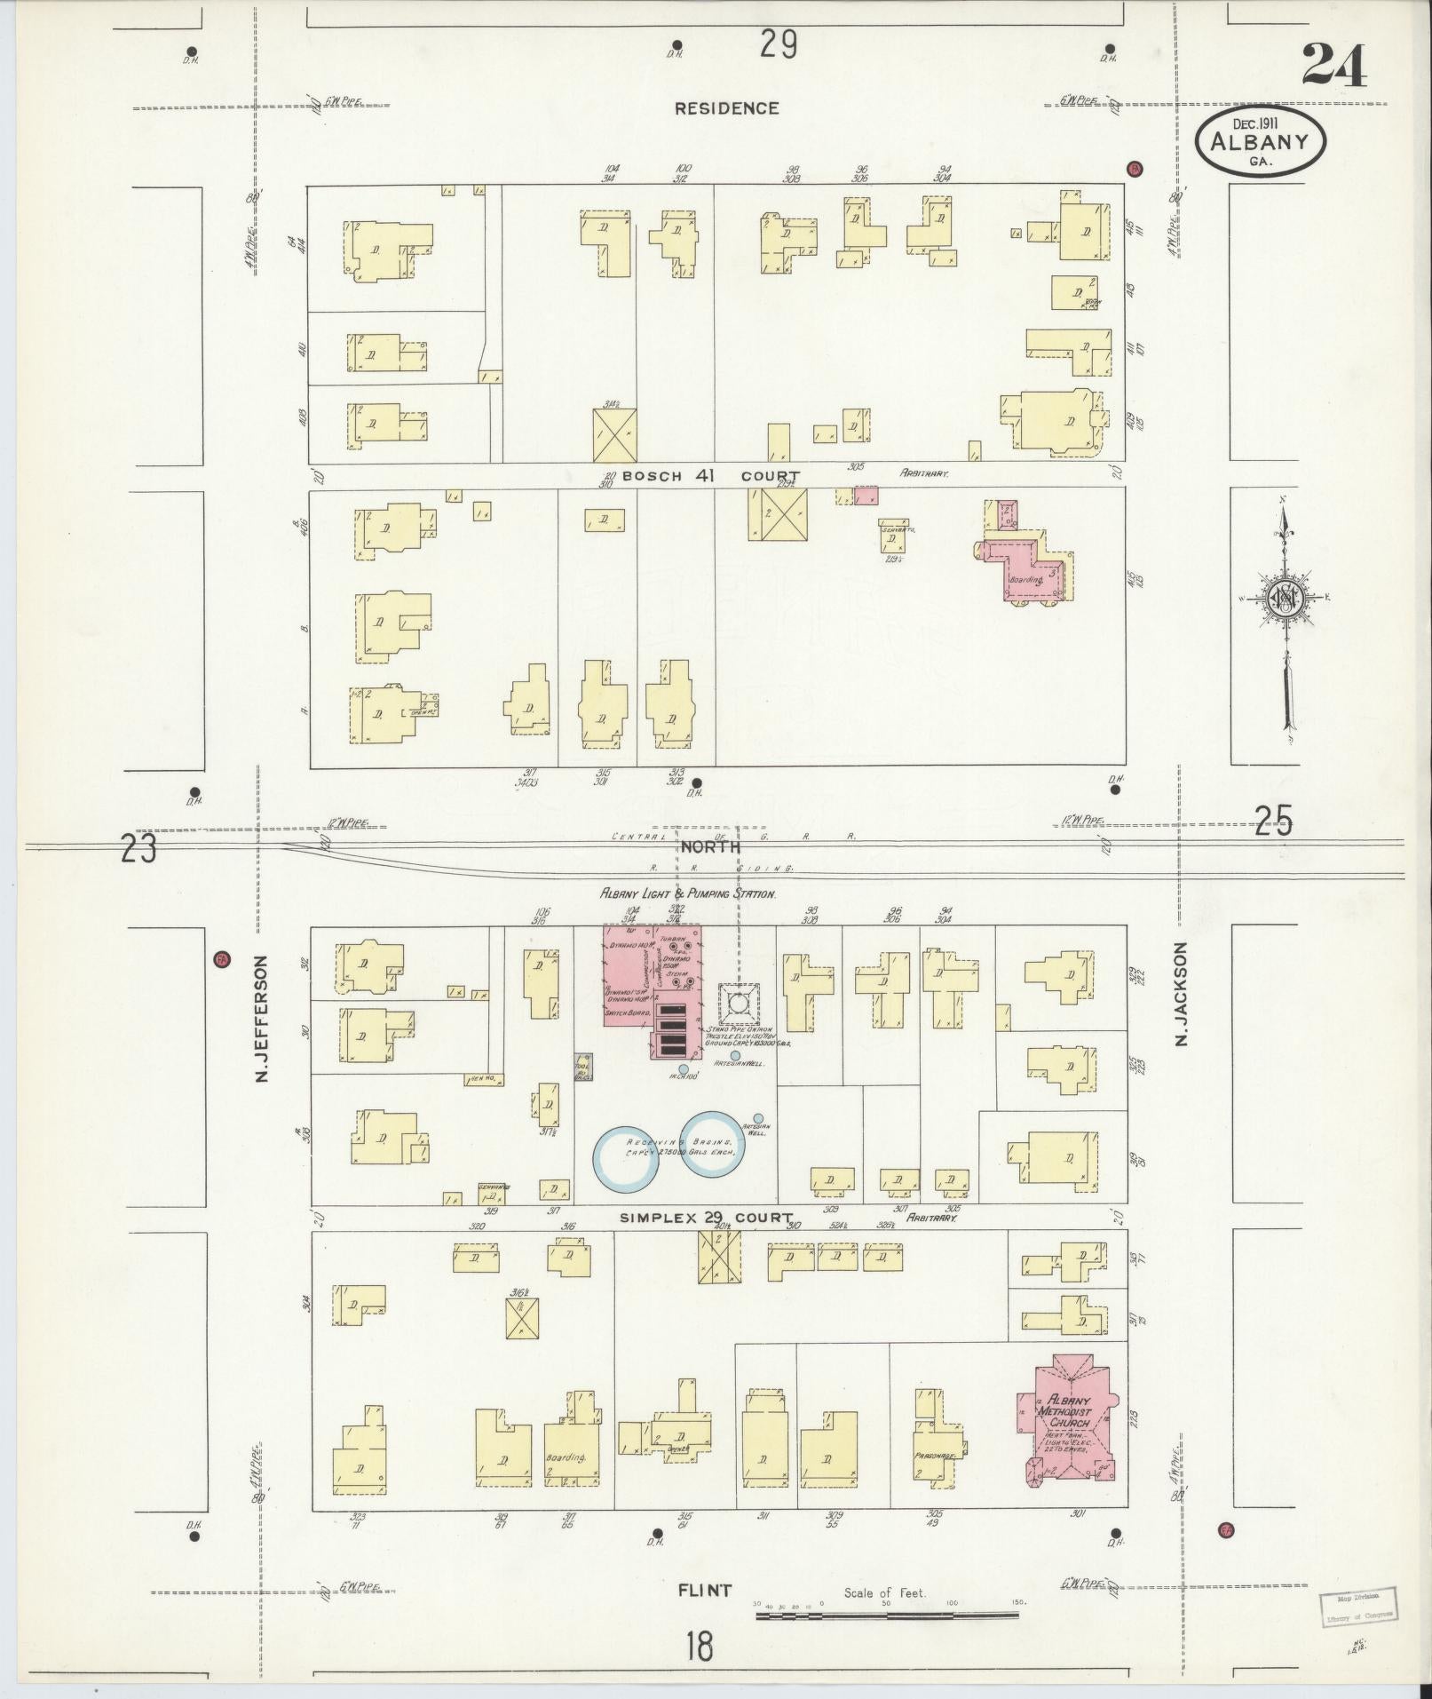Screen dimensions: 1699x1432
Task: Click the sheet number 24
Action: (x=1334, y=65)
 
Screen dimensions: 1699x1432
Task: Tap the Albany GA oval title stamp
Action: (x=1260, y=143)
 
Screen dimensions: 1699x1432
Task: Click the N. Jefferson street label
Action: (x=261, y=1019)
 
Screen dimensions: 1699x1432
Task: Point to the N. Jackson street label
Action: (x=1181, y=994)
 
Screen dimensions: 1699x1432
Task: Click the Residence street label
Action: (x=726, y=108)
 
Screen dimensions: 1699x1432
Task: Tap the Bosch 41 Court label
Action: (x=710, y=476)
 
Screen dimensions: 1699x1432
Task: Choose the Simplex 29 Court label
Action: (x=707, y=1217)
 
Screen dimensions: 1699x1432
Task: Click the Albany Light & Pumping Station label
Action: (x=688, y=893)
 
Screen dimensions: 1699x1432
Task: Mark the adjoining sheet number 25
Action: (x=1274, y=822)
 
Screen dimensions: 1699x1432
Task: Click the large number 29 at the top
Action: (x=778, y=44)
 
